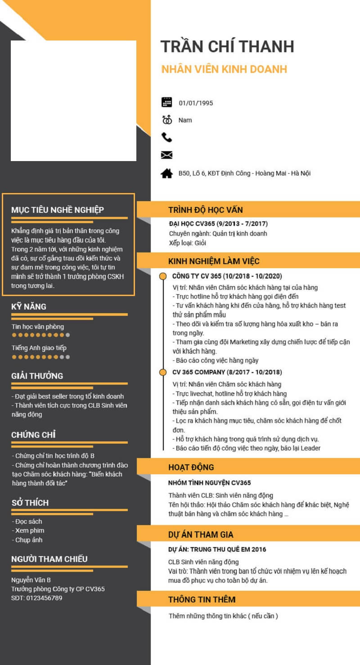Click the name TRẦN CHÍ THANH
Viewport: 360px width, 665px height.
(227, 46)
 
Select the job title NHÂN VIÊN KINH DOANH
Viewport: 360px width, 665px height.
(224, 69)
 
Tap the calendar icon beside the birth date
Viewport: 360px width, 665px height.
(166, 102)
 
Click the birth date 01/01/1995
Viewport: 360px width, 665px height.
(196, 103)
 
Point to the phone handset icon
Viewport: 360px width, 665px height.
(166, 137)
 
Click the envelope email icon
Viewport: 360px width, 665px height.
(166, 155)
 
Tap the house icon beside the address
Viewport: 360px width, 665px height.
(166, 173)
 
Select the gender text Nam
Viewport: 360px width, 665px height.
(185, 120)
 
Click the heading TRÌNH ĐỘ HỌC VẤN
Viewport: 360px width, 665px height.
(206, 210)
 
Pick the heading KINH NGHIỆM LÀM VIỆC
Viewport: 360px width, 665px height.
(214, 261)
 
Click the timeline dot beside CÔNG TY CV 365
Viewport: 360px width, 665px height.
(163, 276)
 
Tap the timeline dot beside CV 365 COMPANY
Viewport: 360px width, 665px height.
(163, 372)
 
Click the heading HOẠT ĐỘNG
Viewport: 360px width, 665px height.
(191, 467)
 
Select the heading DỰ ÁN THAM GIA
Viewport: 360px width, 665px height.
(201, 535)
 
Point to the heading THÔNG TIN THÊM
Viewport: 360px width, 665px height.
(202, 599)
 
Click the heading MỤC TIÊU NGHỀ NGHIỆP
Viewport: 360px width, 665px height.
(58, 210)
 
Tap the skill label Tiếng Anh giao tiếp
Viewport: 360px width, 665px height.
(40, 348)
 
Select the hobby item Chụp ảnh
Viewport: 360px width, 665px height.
(29, 540)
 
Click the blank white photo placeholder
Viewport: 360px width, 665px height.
(73, 100)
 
